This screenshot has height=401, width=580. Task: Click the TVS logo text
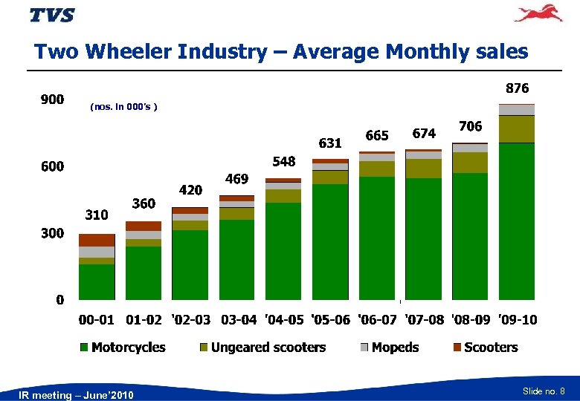coord(52,16)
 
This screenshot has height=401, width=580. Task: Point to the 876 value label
coord(517,88)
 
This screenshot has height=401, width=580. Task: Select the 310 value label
coord(96,215)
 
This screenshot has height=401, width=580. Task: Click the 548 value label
coord(283,161)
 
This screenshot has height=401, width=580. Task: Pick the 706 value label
coord(470,127)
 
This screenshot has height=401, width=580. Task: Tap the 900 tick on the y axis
coord(51,100)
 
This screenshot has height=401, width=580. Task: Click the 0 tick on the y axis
coord(59,300)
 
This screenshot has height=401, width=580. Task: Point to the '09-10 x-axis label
coord(518,320)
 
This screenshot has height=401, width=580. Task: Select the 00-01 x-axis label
coord(97,320)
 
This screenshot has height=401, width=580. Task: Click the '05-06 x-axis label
coord(330,320)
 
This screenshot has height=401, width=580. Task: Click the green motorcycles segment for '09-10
coord(517,223)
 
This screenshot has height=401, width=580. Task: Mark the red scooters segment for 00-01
coord(97,240)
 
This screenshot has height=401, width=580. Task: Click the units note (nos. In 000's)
coord(123,108)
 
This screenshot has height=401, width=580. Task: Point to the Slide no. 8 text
coord(544,391)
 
